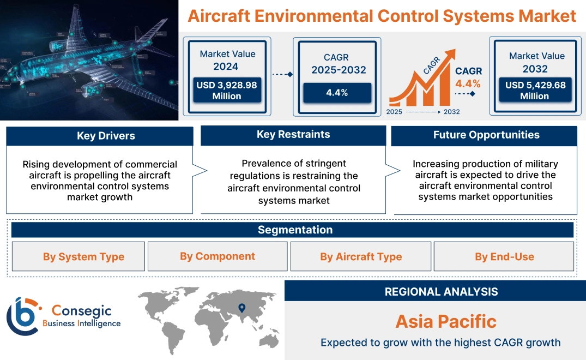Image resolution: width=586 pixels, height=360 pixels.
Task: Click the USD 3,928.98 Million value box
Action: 227,91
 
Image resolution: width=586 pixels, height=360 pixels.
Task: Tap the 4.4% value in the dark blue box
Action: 337,93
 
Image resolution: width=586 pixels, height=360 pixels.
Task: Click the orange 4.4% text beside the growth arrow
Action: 468,83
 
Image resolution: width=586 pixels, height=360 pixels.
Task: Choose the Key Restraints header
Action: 293,135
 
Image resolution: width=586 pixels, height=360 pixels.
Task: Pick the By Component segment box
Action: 218,256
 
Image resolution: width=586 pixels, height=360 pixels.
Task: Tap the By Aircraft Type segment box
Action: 361,257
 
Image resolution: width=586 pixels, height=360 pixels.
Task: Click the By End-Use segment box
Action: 504,257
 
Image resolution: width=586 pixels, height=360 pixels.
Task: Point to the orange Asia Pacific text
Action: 446,321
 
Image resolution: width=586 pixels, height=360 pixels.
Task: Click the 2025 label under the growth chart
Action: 395,112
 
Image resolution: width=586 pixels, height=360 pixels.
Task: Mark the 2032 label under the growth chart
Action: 451,112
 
